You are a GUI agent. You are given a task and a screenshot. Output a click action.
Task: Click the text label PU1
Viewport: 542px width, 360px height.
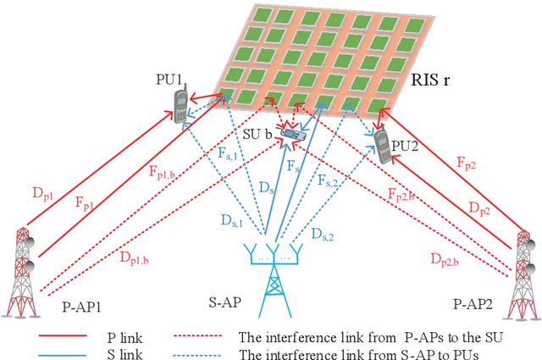pos(169,80)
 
